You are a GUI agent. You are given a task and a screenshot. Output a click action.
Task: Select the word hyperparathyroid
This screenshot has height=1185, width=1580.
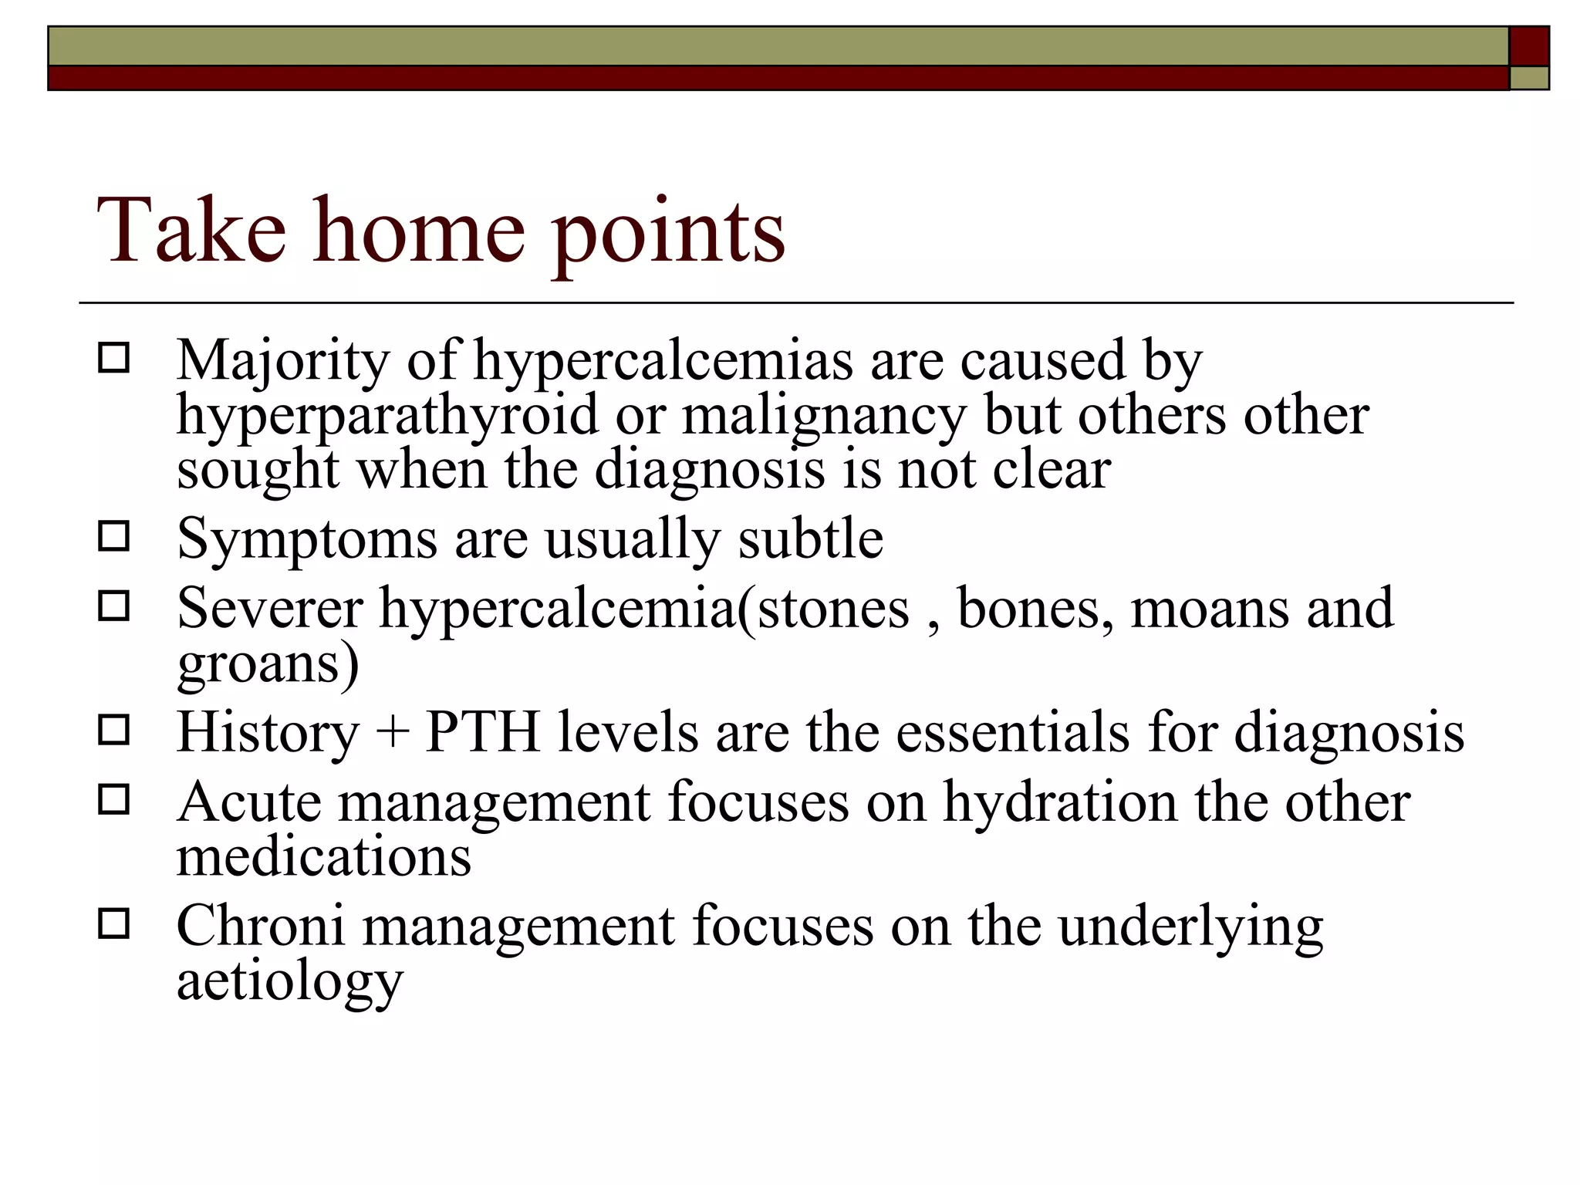(x=387, y=417)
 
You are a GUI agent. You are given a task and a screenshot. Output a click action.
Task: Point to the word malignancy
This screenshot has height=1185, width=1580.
(x=824, y=417)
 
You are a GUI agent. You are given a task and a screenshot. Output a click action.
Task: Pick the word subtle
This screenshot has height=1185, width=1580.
(x=810, y=538)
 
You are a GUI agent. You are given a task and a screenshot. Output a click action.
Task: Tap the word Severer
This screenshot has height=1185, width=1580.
(x=269, y=608)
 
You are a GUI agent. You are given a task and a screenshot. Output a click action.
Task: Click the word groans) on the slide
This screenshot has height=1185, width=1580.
(x=268, y=663)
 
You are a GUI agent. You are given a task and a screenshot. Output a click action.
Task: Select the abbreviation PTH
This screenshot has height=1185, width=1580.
(x=482, y=731)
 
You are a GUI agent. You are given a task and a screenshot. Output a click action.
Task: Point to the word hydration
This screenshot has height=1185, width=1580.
(x=1060, y=802)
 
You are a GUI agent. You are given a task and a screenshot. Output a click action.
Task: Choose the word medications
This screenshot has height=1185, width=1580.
(x=324, y=856)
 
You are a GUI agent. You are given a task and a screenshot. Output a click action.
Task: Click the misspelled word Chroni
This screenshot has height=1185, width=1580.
(x=260, y=925)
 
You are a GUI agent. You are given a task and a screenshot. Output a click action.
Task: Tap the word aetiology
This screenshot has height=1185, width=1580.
(x=290, y=982)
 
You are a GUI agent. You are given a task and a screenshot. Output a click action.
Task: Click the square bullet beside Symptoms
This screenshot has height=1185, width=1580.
(x=113, y=536)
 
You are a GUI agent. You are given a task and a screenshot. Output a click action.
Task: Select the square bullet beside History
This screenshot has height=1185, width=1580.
(x=113, y=730)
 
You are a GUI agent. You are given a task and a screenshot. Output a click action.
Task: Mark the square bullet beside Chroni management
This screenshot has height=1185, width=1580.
(x=113, y=923)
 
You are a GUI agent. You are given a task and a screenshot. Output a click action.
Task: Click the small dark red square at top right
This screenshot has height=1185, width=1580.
(x=1528, y=46)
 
